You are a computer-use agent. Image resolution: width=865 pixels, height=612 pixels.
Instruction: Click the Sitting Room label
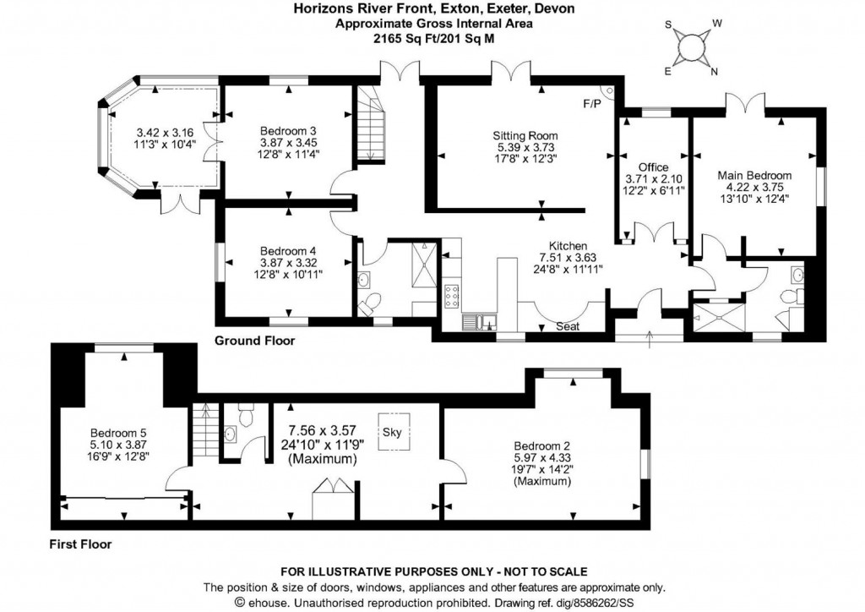(525, 135)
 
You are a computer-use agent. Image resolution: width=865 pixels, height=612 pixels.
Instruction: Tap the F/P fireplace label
(593, 104)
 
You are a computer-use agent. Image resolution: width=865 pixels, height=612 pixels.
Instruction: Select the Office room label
(653, 167)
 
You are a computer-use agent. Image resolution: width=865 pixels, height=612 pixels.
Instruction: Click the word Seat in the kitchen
(567, 326)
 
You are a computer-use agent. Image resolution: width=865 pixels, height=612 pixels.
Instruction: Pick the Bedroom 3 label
(288, 131)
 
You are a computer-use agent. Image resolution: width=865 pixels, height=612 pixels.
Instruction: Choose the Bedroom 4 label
(288, 251)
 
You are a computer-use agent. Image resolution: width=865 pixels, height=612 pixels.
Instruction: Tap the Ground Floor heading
(254, 342)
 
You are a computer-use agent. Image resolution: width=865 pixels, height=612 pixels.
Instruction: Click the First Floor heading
(81, 544)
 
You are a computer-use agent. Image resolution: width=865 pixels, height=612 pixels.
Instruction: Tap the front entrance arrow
(649, 339)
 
